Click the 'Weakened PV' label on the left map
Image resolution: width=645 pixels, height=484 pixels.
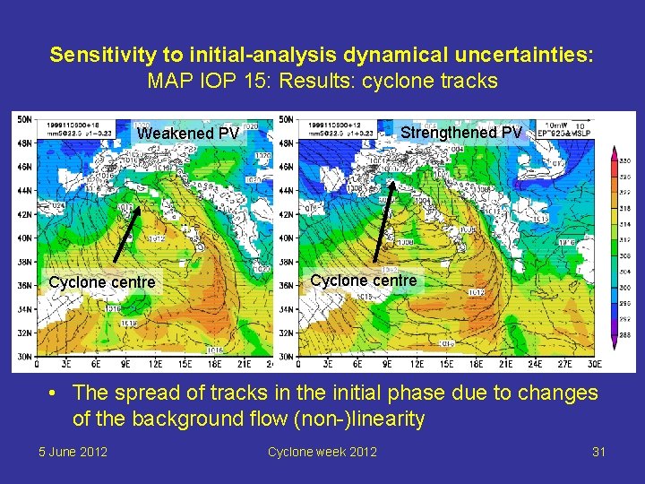coord(188,134)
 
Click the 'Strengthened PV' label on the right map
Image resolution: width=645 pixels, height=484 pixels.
coord(460,132)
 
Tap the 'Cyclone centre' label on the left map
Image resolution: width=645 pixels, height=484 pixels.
coord(101,282)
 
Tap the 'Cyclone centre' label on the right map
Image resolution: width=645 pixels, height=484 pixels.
coord(363,281)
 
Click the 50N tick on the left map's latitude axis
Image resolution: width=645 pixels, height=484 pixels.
coord(24,118)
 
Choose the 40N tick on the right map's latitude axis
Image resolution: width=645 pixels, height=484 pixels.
coord(287,238)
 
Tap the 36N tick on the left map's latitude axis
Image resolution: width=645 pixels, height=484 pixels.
coord(24,285)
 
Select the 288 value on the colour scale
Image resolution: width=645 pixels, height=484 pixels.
coord(625,333)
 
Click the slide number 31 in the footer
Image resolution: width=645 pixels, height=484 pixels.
coord(598,451)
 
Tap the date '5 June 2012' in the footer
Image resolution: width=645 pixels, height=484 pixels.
coord(73,451)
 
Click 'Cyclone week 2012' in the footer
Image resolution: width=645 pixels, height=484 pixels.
coord(322,451)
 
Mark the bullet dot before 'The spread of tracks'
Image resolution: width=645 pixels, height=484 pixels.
coord(55,393)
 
